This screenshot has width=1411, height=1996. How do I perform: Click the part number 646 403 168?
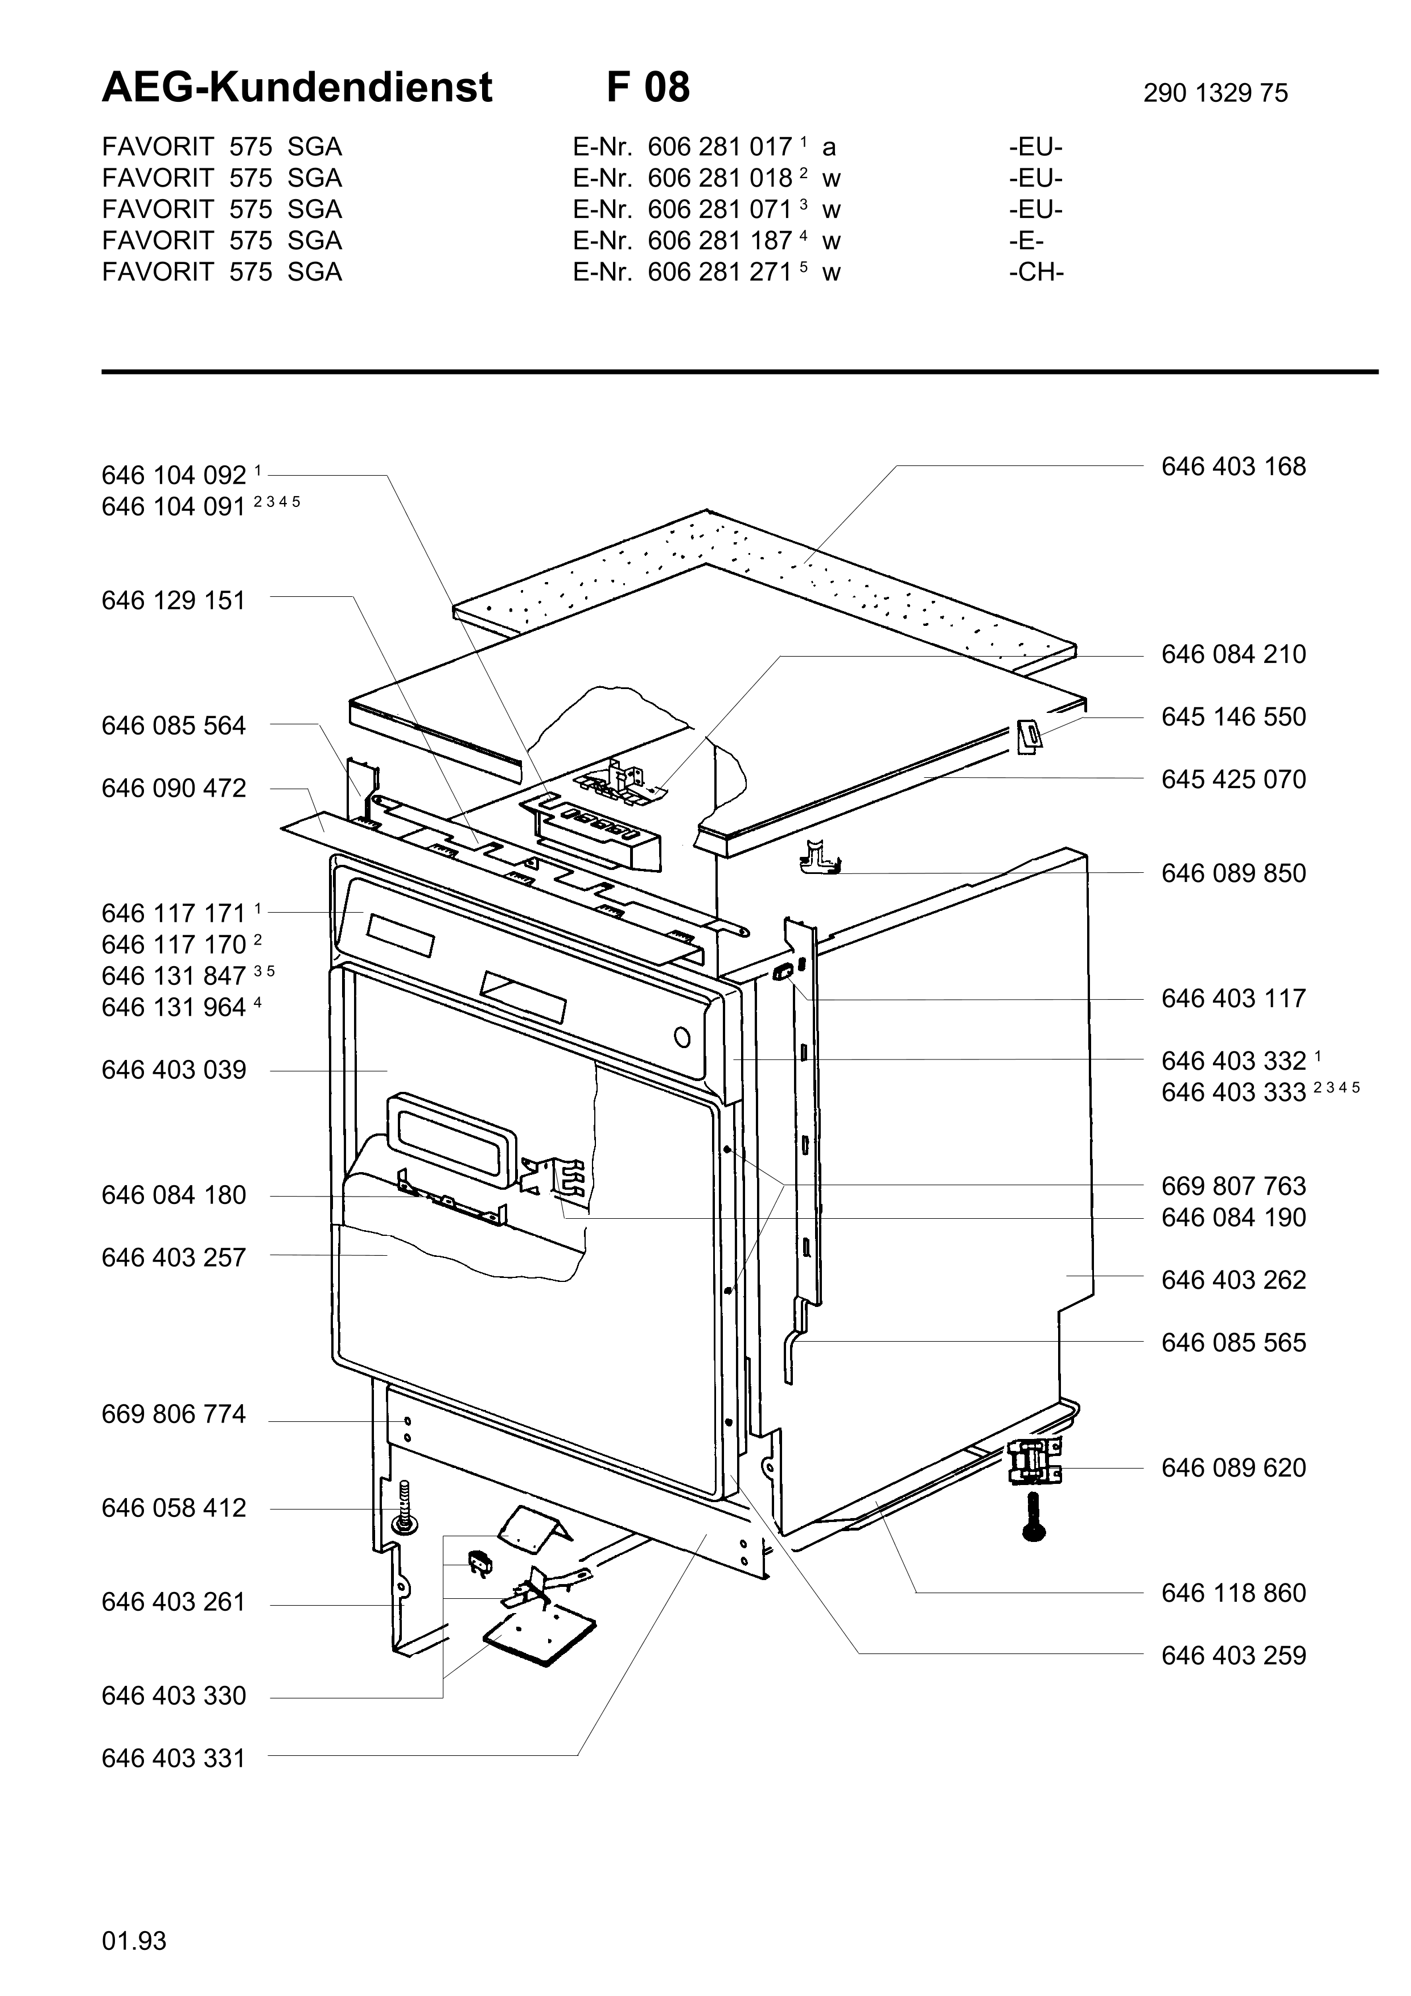(1233, 467)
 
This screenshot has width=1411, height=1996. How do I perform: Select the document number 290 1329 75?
(1215, 93)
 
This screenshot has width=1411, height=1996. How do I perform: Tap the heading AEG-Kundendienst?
(297, 88)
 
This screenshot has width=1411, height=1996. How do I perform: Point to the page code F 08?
(648, 88)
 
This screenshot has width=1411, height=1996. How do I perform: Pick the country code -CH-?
(1036, 272)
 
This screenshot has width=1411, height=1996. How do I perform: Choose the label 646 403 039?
(174, 1070)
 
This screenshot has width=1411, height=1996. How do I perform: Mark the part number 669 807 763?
(1233, 1187)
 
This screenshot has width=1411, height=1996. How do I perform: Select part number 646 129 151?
(174, 601)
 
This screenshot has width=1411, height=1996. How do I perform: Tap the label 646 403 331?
(174, 1759)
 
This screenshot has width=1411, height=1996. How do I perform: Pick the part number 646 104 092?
(174, 476)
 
